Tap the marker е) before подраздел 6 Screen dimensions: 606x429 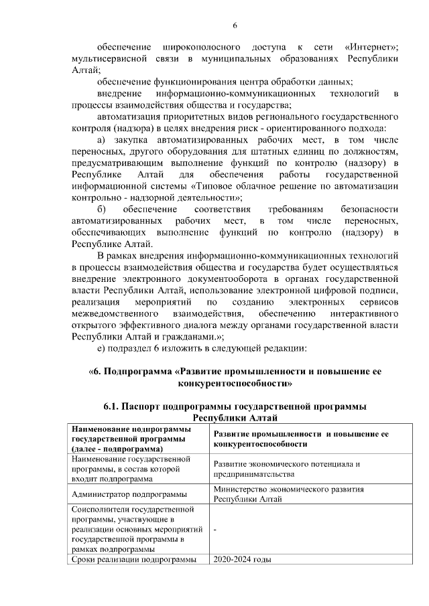tap(101, 349)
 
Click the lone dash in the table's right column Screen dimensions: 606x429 tap(215, 529)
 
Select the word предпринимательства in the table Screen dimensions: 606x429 tap(254, 474)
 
